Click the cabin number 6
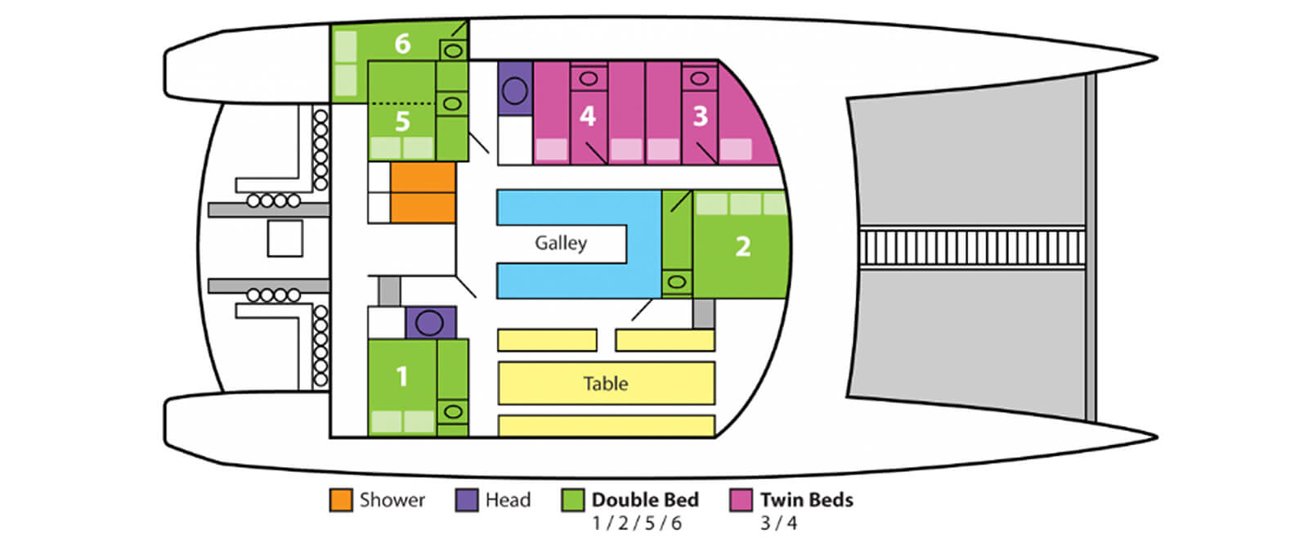tap(401, 43)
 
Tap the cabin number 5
tap(401, 122)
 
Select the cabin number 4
tap(587, 116)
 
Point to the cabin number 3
tap(700, 116)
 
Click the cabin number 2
tap(742, 246)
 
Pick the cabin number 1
tap(401, 376)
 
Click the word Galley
tap(561, 243)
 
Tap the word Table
tap(606, 384)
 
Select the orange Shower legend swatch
tap(341, 500)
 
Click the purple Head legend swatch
tap(467, 500)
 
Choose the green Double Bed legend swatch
tap(573, 500)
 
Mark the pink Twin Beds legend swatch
tap(741, 500)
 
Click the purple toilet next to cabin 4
tap(514, 90)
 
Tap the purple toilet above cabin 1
tap(430, 323)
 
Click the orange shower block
tap(422, 192)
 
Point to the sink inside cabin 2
tap(676, 283)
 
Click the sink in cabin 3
tap(699, 79)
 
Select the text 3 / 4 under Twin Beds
tap(778, 523)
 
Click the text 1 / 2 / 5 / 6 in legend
tap(637, 523)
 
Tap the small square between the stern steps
tap(285, 239)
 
